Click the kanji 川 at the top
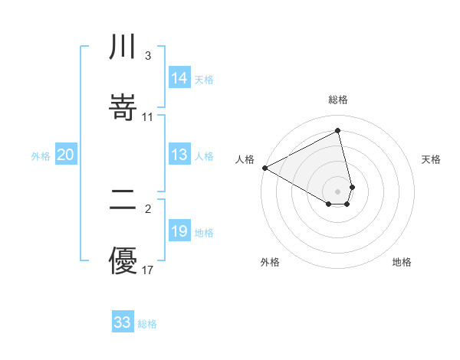[123, 47]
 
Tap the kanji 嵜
[123, 106]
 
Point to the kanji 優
[123, 260]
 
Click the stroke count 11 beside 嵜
[148, 117]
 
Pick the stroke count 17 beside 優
[148, 270]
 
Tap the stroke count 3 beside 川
[147, 56]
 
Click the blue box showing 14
[179, 78]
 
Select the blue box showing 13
[179, 155]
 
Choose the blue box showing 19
[179, 231]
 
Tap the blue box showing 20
[66, 155]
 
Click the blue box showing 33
[123, 322]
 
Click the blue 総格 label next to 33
[147, 324]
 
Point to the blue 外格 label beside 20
[41, 156]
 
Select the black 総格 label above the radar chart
[338, 100]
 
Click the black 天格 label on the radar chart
[432, 159]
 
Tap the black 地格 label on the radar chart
[402, 262]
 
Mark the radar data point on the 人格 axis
[264, 168]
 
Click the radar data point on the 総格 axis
[338, 131]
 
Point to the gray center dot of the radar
[338, 191]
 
